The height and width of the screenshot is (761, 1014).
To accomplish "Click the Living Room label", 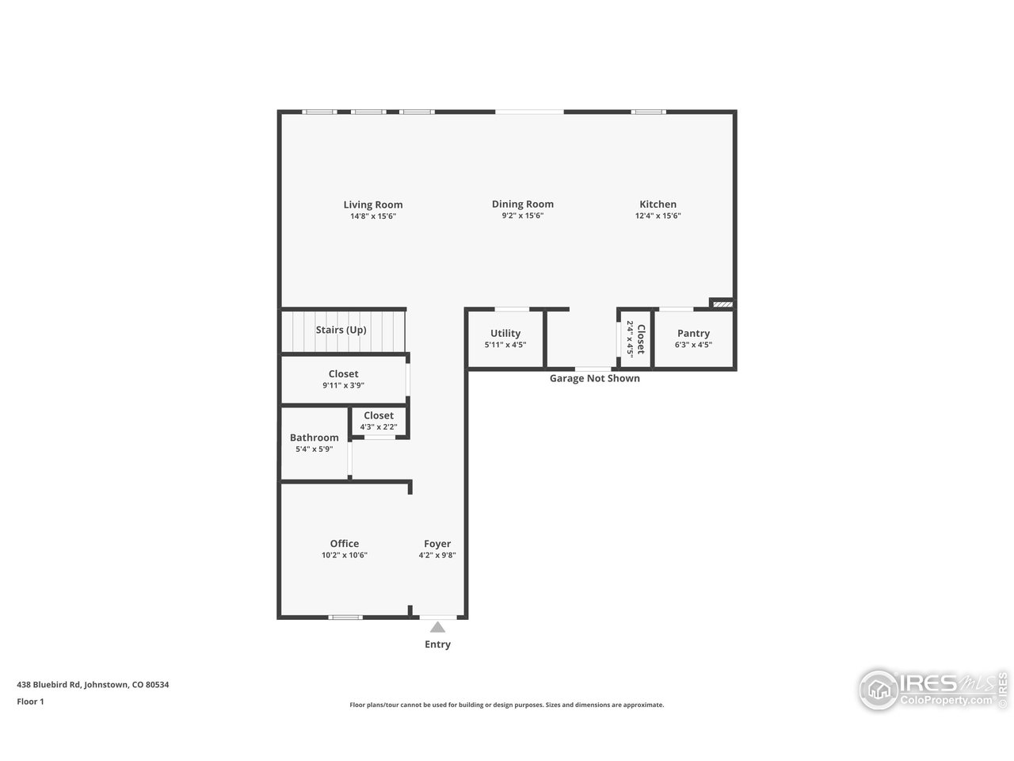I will click(372, 205).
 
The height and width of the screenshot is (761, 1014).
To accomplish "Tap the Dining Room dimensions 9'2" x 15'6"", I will click(522, 216).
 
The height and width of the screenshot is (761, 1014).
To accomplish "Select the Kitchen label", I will click(658, 205).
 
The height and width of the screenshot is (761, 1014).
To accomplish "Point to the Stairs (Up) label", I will click(341, 330).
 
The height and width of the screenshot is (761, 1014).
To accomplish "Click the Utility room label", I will click(505, 334).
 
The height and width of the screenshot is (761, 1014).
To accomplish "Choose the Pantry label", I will click(693, 334).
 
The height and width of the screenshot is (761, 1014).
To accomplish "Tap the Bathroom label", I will click(314, 438).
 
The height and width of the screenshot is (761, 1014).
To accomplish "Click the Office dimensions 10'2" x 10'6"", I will click(344, 556).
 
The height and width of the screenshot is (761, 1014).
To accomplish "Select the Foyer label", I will click(437, 544).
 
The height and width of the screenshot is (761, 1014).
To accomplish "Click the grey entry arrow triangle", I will click(437, 627).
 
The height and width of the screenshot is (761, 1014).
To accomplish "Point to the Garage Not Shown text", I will click(594, 379).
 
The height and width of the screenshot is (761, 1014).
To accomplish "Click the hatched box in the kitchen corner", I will click(722, 303).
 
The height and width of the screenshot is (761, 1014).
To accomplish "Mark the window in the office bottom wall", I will click(345, 617).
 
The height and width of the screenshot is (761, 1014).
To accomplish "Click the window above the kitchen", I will click(648, 112).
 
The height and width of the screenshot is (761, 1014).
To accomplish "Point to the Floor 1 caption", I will click(30, 702).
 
